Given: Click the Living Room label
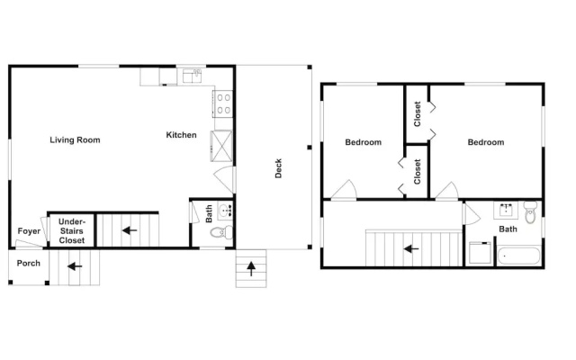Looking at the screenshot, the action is (75, 140).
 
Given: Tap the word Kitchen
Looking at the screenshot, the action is (181, 135).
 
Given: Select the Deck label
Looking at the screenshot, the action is (278, 168).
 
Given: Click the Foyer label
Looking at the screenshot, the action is (29, 231).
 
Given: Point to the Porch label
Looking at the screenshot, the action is (28, 264).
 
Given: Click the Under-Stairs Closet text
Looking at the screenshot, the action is (72, 231).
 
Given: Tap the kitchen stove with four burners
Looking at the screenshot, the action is (223, 104).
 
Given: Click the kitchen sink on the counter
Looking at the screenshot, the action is (192, 76).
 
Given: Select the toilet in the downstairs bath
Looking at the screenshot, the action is (221, 232).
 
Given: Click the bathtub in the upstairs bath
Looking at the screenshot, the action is (518, 256).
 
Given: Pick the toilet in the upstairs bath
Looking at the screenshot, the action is (530, 212).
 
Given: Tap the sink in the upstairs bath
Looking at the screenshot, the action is (506, 210).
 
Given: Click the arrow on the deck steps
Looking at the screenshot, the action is (251, 268).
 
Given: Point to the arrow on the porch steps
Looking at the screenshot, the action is (75, 266).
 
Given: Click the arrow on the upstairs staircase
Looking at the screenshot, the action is (411, 249).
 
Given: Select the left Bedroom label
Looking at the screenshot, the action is (364, 142).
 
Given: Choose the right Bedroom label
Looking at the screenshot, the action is (486, 142).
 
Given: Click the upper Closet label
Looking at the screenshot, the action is (418, 114).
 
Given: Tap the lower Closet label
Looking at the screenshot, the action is (418, 172).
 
